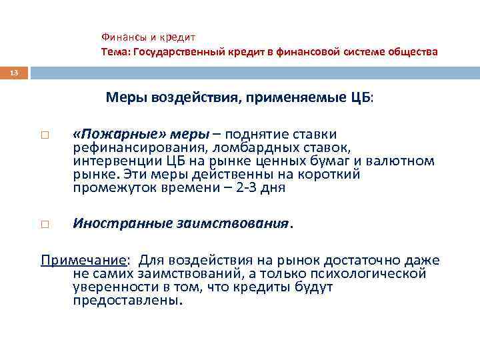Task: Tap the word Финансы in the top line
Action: (122, 38)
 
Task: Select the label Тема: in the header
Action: (116, 51)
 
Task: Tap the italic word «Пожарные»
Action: (111, 134)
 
